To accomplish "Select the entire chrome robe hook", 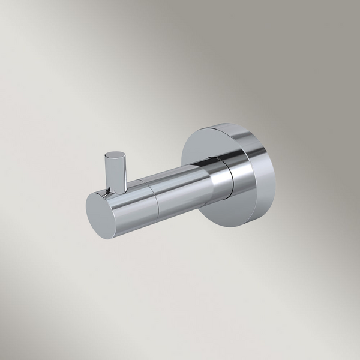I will click(x=180, y=180).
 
